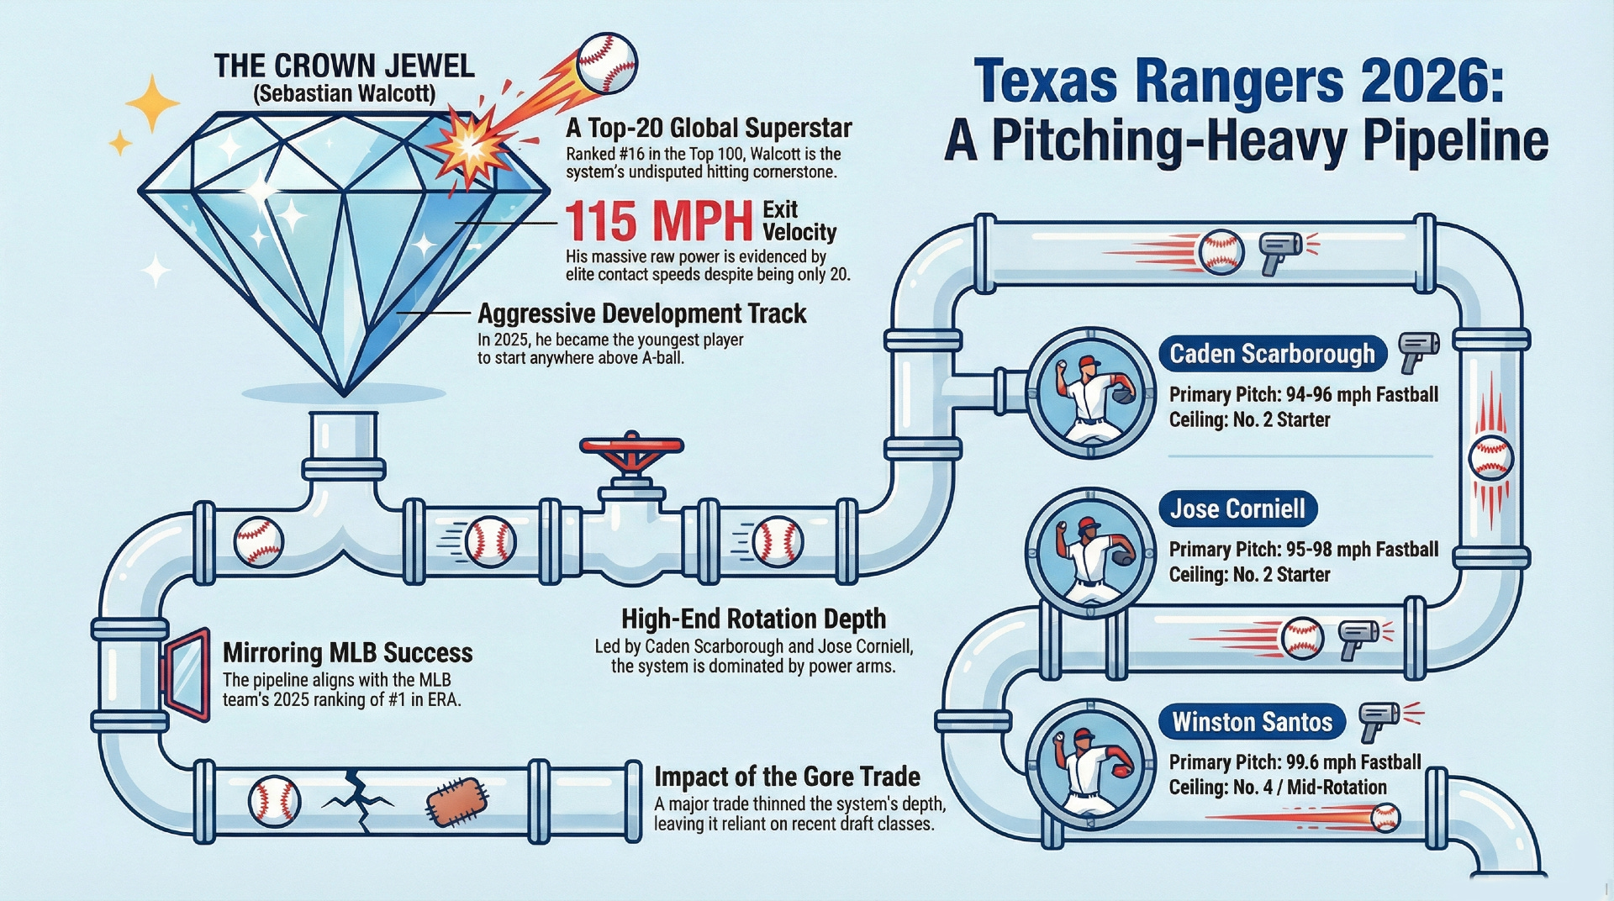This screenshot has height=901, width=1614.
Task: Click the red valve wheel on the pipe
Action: click(x=631, y=445)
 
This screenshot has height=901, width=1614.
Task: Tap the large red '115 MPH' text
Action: click(x=658, y=222)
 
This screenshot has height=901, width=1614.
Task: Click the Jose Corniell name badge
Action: click(x=1237, y=508)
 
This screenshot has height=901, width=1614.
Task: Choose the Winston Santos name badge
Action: click(x=1252, y=722)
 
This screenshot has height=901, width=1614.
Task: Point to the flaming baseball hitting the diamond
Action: click(x=607, y=64)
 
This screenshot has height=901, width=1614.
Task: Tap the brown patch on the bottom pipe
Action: click(x=458, y=800)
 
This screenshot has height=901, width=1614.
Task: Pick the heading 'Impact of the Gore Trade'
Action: click(x=787, y=776)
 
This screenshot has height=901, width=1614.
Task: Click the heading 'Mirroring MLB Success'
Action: click(x=347, y=653)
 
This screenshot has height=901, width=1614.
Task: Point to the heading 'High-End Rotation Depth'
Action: click(x=753, y=619)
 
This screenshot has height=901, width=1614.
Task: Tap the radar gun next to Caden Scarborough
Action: click(x=1418, y=350)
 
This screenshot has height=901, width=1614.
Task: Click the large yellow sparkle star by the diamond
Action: click(x=152, y=103)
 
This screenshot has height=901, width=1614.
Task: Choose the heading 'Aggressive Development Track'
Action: click(x=641, y=314)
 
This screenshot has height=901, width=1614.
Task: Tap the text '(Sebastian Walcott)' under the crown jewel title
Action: click(x=344, y=93)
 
